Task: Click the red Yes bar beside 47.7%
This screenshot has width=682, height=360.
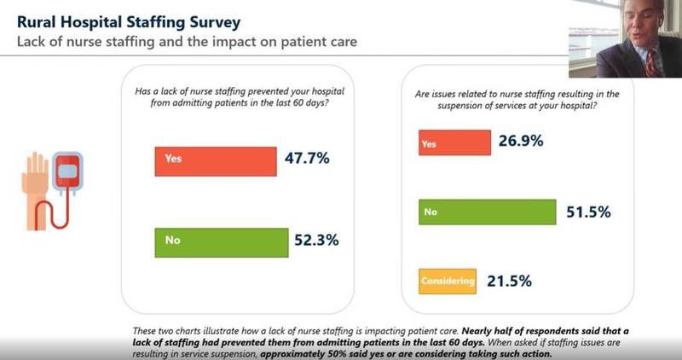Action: click(216, 160)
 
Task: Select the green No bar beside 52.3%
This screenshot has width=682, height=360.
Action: click(216, 241)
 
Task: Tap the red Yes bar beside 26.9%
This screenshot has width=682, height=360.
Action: click(454, 144)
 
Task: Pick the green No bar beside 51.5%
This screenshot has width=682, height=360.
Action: click(487, 212)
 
